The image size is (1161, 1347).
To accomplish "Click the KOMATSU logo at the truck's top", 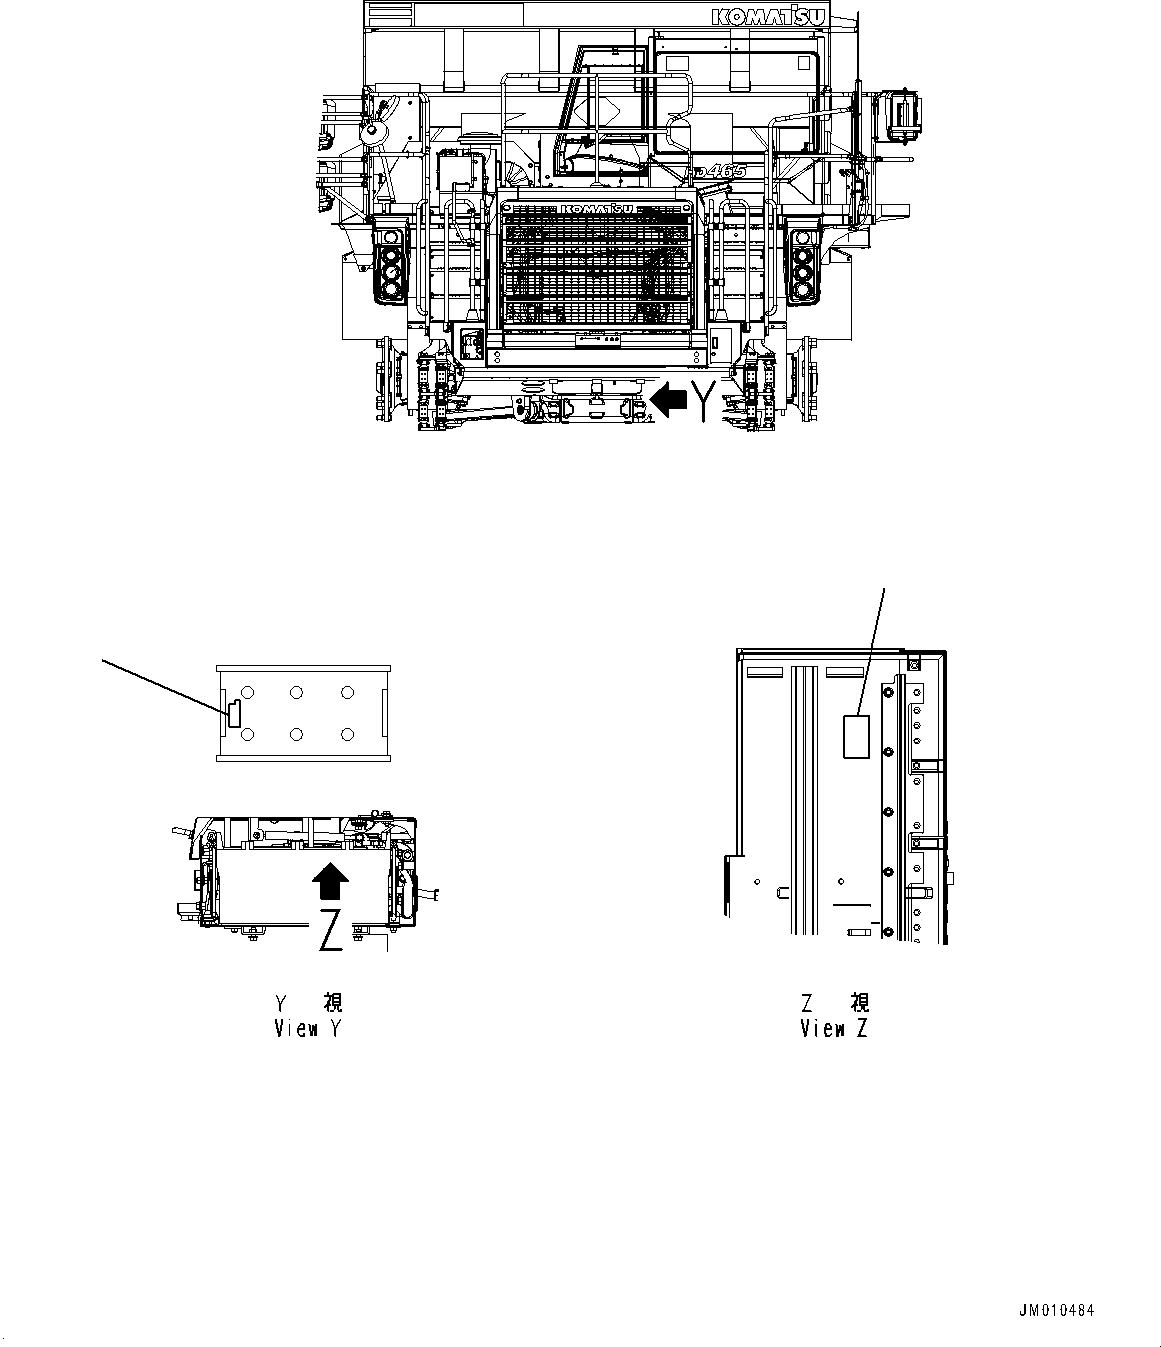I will (782, 17).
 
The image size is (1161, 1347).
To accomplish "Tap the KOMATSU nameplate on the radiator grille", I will (597, 208).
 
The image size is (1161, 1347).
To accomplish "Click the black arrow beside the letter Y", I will (669, 400).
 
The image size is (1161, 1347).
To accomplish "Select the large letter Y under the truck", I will (705, 400).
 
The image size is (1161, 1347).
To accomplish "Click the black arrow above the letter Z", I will (330, 883).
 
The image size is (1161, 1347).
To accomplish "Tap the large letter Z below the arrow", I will (332, 930).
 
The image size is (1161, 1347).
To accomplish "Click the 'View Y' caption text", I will (308, 1029).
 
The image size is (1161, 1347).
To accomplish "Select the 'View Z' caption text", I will (834, 1029).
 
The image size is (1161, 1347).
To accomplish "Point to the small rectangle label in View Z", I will (856, 736).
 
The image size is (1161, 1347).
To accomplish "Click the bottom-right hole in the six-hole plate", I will (347, 735).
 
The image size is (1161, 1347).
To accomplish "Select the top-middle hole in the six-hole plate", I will (297, 692).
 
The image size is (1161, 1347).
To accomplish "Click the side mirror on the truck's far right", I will (903, 112).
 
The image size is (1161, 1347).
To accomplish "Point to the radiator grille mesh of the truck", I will (597, 265).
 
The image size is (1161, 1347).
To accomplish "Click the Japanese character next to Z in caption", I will (859, 1003).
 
